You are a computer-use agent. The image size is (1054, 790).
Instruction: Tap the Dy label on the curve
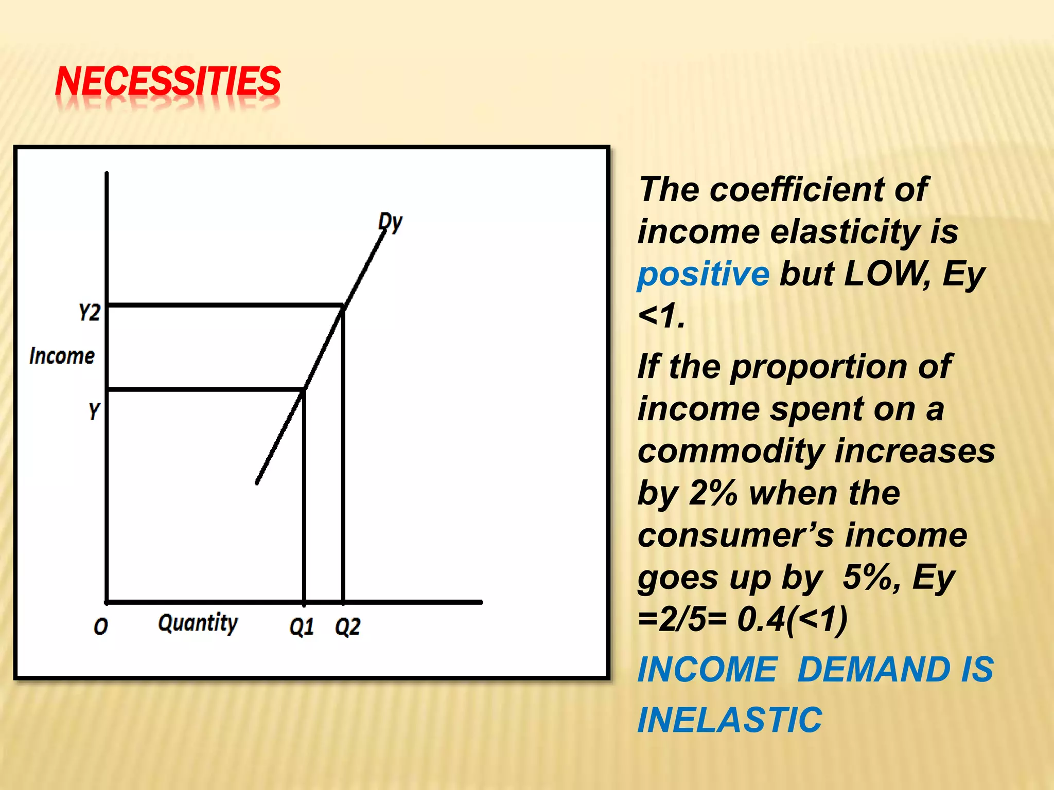390,222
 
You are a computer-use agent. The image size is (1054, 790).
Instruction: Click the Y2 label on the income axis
90,312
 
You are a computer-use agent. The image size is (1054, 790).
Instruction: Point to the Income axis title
62,356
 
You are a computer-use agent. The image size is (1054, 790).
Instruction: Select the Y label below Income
94,411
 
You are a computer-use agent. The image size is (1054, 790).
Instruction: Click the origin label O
101,626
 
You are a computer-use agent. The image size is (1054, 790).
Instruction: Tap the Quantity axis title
198,623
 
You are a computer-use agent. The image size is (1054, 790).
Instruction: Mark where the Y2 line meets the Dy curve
343,307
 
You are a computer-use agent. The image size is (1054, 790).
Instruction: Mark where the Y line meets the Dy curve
304,390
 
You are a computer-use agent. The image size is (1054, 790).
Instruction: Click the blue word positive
703,274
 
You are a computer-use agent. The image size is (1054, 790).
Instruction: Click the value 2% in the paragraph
713,493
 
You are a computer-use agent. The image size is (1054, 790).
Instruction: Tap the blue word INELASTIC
730,720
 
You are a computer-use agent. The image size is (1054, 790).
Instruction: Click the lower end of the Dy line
257,482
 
